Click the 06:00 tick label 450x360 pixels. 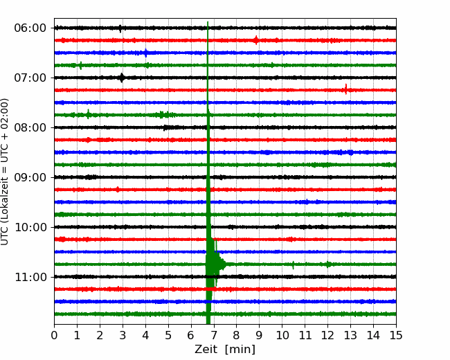30,28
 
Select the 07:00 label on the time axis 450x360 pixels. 30,78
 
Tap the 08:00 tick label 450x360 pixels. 30,127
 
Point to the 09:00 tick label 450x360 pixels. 30,177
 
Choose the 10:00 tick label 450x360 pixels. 30,227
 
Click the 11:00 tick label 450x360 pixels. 30,277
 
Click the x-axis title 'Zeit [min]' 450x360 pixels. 225,350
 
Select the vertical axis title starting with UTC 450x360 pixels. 4,172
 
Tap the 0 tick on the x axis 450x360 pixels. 54,335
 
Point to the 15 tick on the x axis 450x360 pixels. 396,335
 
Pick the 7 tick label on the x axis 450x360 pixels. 214,335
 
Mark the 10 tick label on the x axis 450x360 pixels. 282,335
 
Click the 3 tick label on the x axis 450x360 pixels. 123,335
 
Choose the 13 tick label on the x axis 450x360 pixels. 350,335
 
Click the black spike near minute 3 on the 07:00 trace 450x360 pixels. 122,78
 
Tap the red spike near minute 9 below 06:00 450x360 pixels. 256,40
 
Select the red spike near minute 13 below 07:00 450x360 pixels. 346,89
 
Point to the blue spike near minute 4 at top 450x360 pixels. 146,53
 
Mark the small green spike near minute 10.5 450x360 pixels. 293,265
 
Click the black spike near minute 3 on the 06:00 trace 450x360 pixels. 120,28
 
